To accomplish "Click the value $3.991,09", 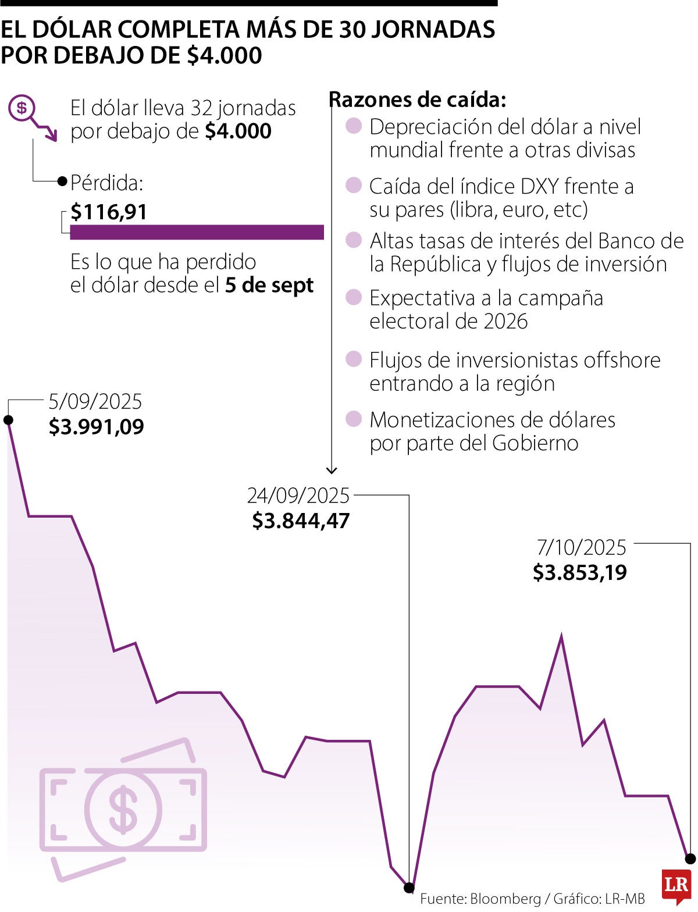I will click(x=96, y=427).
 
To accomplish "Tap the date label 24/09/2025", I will click(x=298, y=496).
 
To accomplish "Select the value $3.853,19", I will click(x=580, y=573).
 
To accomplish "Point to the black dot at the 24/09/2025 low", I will click(x=409, y=888).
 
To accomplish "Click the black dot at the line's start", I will click(x=8, y=420).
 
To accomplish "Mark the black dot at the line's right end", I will click(x=690, y=858).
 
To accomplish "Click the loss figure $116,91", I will click(x=109, y=212).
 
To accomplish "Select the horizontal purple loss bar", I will click(x=197, y=232).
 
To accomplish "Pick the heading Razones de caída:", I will click(x=418, y=100).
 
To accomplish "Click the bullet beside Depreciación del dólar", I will click(x=354, y=126).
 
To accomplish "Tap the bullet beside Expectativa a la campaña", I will click(x=354, y=298).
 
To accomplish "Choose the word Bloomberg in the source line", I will click(x=505, y=899).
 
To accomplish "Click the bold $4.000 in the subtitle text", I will click(x=238, y=131).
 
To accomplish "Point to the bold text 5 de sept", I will click(x=269, y=286).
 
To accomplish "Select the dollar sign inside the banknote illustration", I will click(x=123, y=808).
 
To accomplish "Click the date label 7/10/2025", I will click(x=581, y=547).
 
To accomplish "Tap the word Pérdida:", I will click(x=106, y=183).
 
